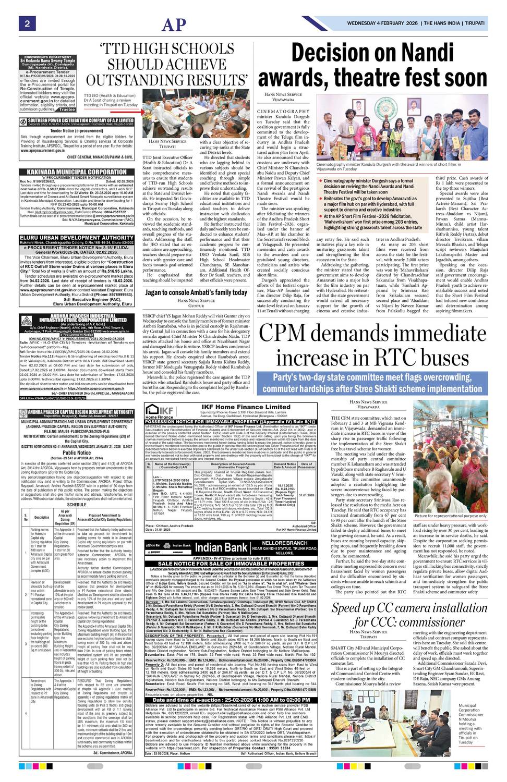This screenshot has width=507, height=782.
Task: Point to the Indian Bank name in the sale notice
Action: point(221,548)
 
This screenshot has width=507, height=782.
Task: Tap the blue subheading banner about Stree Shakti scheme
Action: point(377,383)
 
